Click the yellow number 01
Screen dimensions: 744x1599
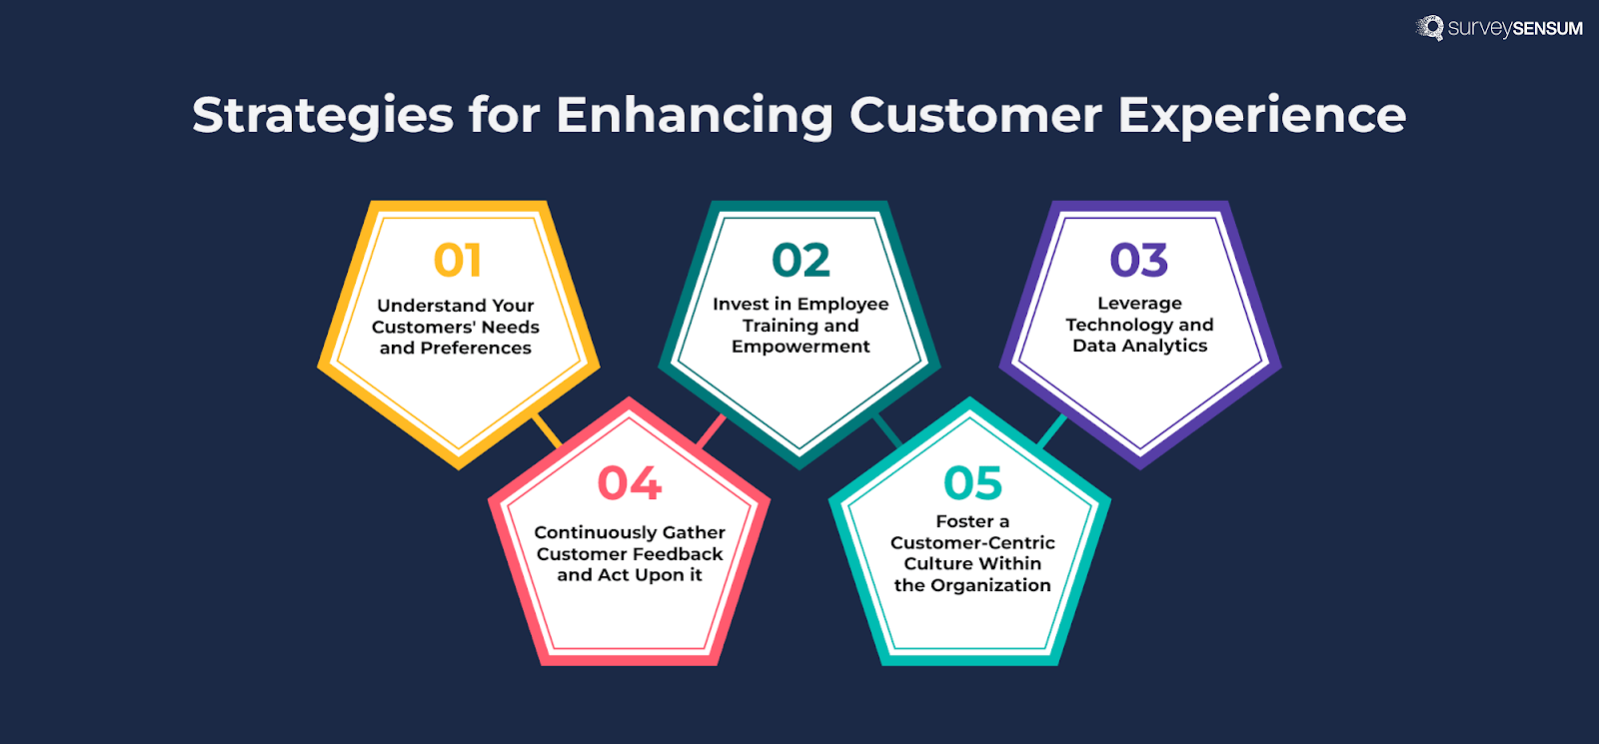pyautogui.click(x=458, y=261)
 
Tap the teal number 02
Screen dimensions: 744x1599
pyautogui.click(x=800, y=261)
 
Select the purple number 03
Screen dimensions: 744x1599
pyautogui.click(x=1138, y=261)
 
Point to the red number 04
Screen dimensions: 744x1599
pyautogui.click(x=629, y=483)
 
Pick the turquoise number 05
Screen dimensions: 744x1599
pyautogui.click(x=972, y=483)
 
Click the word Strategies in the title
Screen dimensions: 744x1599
pyautogui.click(x=322, y=116)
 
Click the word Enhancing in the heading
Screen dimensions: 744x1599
pyautogui.click(x=694, y=116)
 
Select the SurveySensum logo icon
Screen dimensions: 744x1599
pyautogui.click(x=1430, y=28)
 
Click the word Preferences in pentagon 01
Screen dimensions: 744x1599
pyautogui.click(x=476, y=349)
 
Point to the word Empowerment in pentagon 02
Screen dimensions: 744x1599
pyautogui.click(x=800, y=347)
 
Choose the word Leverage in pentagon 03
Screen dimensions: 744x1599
pyautogui.click(x=1139, y=303)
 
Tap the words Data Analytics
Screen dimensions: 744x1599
pyautogui.click(x=1139, y=346)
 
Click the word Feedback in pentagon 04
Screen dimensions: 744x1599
pyautogui.click(x=674, y=554)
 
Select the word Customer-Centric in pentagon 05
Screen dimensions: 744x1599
pyautogui.click(x=972, y=542)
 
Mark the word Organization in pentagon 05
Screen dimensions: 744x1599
pyautogui.click(x=990, y=585)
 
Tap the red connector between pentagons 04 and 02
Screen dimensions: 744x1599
pyautogui.click(x=711, y=431)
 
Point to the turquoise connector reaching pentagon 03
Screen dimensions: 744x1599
pyautogui.click(x=1051, y=431)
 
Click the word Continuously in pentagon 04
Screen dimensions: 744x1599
pyautogui.click(x=596, y=533)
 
